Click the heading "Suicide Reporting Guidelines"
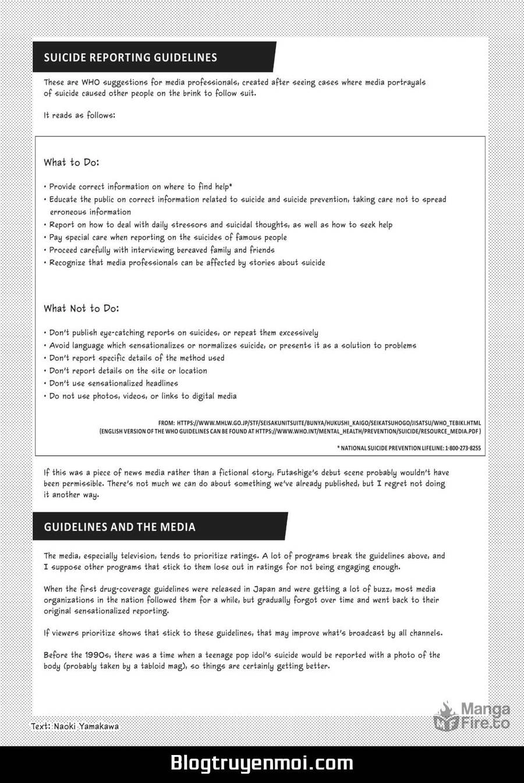point(130,57)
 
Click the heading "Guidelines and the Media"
point(119,527)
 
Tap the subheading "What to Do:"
point(71,162)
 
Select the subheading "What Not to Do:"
point(81,308)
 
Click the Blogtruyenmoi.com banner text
point(261,763)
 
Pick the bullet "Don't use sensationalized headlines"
point(114,383)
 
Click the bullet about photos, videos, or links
point(143,396)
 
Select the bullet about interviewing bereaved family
point(162,250)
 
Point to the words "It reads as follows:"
point(79,115)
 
